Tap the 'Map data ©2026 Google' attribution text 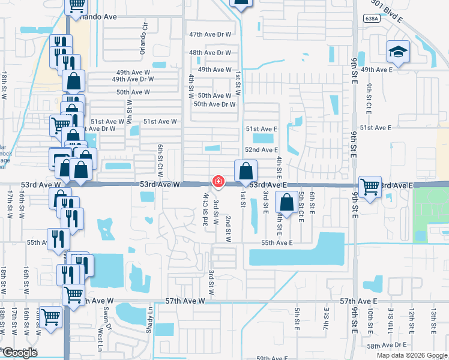411,355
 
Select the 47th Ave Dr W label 210,35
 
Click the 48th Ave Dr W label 210,53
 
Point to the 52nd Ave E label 261,150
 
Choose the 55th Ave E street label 277,243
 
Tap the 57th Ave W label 185,301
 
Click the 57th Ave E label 358,301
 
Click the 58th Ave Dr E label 387,346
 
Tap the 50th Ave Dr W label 214,104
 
